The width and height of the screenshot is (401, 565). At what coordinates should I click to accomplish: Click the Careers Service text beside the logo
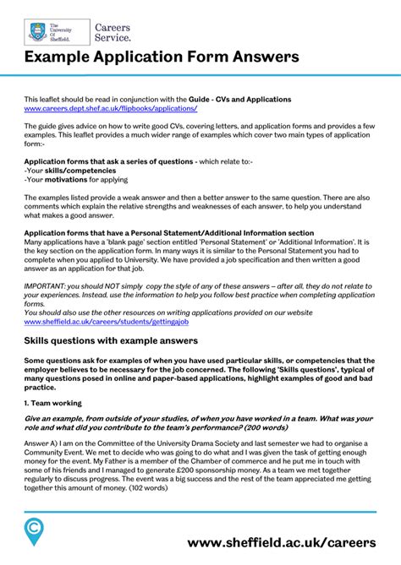[x=112, y=32]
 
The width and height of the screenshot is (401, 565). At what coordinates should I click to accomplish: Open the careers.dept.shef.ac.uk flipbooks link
[x=110, y=109]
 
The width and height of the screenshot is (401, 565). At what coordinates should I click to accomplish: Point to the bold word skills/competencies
[x=70, y=169]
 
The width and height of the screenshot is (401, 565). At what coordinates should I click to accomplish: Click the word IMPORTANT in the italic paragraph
[x=46, y=285]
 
